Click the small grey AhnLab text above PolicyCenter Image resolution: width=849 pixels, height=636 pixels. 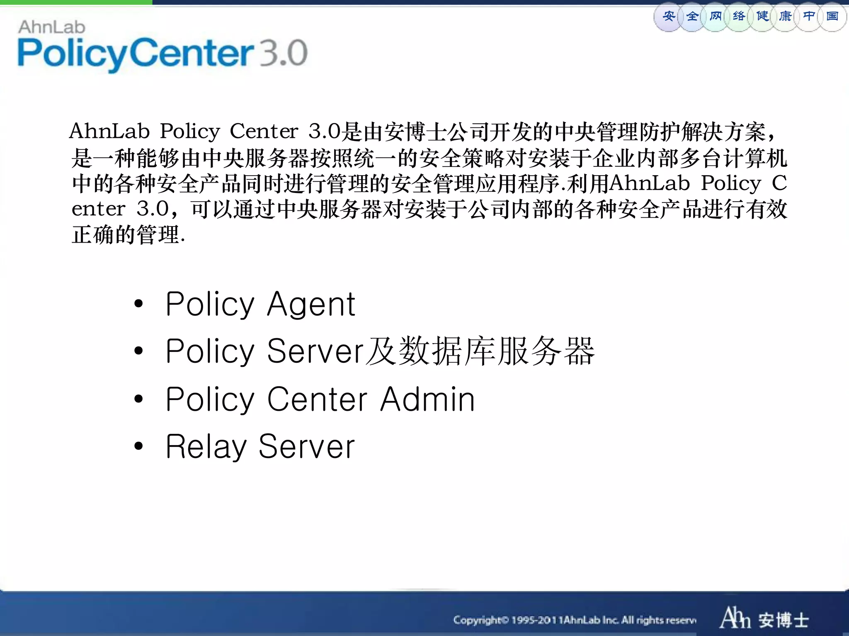pyautogui.click(x=52, y=27)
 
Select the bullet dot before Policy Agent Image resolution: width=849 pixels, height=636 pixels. pyautogui.click(x=138, y=304)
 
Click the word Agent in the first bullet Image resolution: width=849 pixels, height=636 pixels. pyautogui.click(x=311, y=304)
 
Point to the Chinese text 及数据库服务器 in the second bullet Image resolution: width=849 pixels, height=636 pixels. pyautogui.click(x=480, y=351)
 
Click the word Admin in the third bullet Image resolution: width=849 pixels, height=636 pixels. pyautogui.click(x=427, y=399)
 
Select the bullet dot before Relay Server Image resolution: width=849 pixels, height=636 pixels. pyautogui.click(x=138, y=446)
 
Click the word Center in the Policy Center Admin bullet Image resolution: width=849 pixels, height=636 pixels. pyautogui.click(x=317, y=399)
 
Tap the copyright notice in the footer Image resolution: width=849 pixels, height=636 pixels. pyautogui.click(x=575, y=620)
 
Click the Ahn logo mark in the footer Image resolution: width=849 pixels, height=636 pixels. pyautogui.click(x=735, y=618)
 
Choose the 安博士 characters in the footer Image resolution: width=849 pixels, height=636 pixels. pyautogui.click(x=784, y=620)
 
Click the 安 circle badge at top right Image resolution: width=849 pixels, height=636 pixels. pyautogui.click(x=668, y=17)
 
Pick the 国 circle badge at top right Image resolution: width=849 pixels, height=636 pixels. pyautogui.click(x=832, y=17)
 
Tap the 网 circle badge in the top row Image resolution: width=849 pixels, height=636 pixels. pyautogui.click(x=715, y=17)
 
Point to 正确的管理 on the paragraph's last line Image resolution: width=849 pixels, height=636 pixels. pyautogui.click(x=126, y=235)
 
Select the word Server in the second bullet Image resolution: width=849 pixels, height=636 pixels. pyautogui.click(x=315, y=351)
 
